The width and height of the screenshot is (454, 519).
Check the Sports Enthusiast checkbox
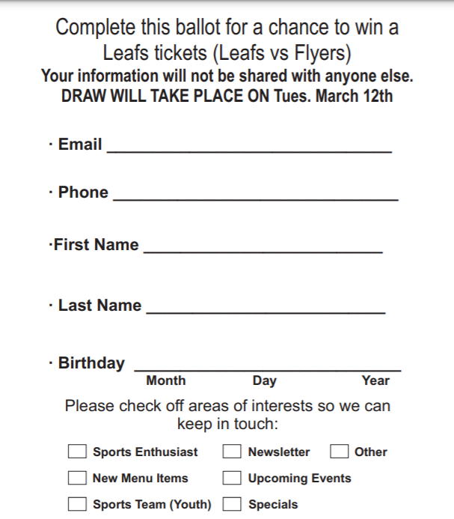click(77, 452)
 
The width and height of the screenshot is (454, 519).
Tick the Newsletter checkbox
click(233, 452)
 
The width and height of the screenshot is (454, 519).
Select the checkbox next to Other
click(340, 452)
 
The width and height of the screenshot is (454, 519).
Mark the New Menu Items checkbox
click(77, 478)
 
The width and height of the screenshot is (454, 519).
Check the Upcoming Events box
click(233, 478)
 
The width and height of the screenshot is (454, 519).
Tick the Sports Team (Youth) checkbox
click(77, 504)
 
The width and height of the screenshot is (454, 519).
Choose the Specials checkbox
click(233, 504)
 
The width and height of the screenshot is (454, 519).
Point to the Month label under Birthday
click(166, 380)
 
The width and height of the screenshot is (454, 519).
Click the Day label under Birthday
click(265, 380)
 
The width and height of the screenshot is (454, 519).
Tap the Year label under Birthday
click(375, 380)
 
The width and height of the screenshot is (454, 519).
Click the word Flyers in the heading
click(320, 54)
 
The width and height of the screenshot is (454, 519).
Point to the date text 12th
click(376, 97)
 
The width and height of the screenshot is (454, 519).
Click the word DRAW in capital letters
click(84, 97)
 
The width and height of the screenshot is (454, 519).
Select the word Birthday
click(91, 363)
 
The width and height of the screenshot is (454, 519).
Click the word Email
click(80, 145)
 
